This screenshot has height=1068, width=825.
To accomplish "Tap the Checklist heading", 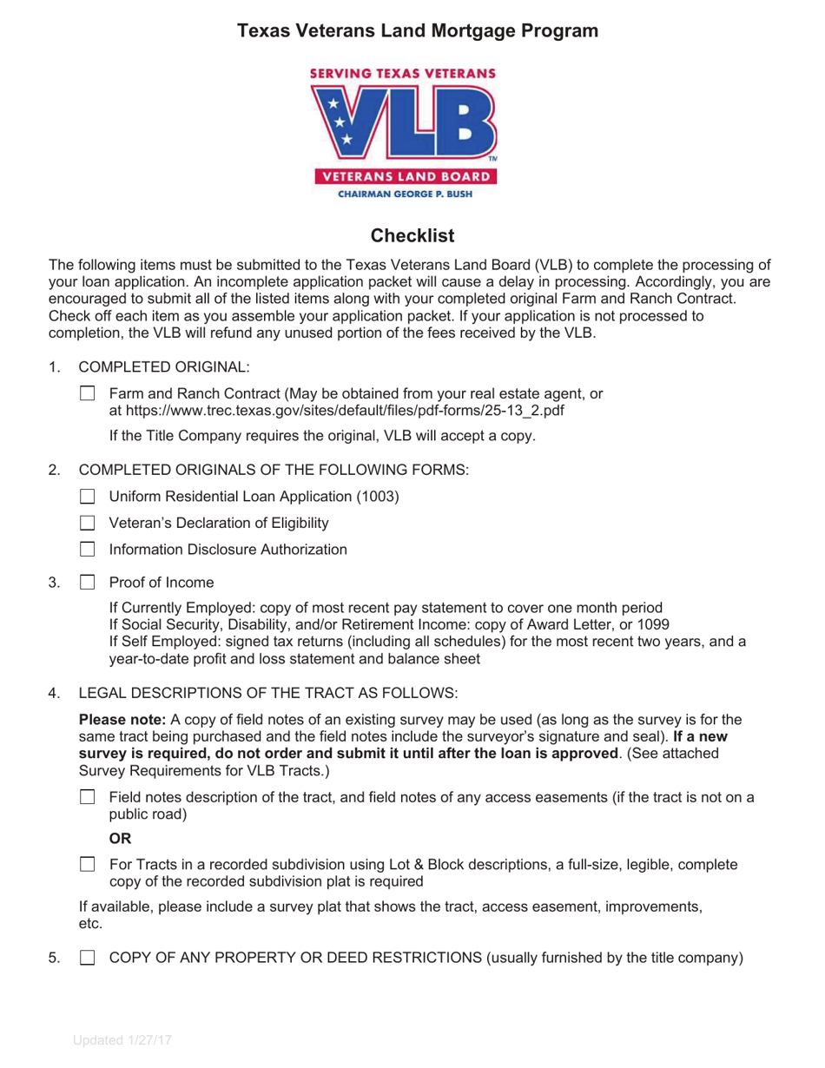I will click(x=412, y=235).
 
